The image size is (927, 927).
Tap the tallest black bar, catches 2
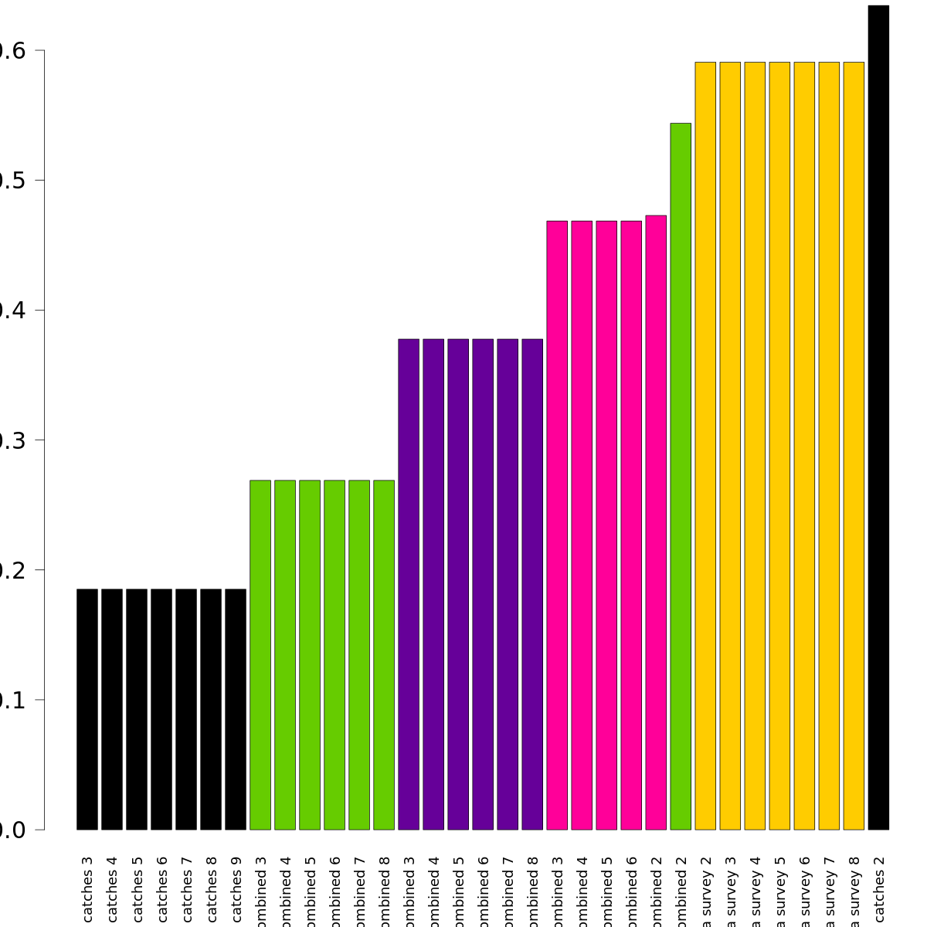(x=878, y=417)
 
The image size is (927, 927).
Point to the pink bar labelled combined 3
(x=557, y=525)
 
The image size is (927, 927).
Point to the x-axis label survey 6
(x=805, y=892)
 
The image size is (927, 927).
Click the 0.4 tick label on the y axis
(x=12, y=311)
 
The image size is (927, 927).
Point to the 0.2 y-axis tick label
(x=12, y=570)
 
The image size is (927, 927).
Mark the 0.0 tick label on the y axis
(x=12, y=830)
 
